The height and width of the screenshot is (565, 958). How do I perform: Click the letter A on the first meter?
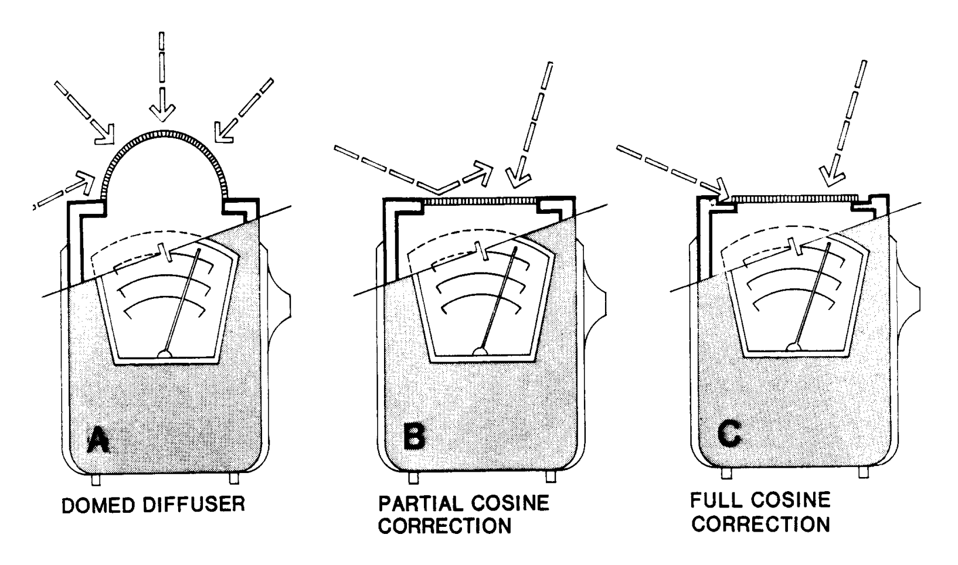click(97, 440)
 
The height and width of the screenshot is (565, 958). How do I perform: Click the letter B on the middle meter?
click(414, 436)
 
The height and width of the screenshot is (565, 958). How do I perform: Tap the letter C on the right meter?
click(730, 434)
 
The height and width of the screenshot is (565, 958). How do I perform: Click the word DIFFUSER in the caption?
click(199, 505)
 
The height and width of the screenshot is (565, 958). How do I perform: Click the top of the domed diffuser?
click(165, 134)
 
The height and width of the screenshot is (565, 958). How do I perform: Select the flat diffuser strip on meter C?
click(794, 199)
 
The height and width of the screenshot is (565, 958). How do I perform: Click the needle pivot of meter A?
click(166, 353)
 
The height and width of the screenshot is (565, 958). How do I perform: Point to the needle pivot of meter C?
click(795, 347)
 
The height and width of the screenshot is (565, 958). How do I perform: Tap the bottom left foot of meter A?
click(96, 479)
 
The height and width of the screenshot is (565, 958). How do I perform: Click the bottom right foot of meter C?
click(862, 472)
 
